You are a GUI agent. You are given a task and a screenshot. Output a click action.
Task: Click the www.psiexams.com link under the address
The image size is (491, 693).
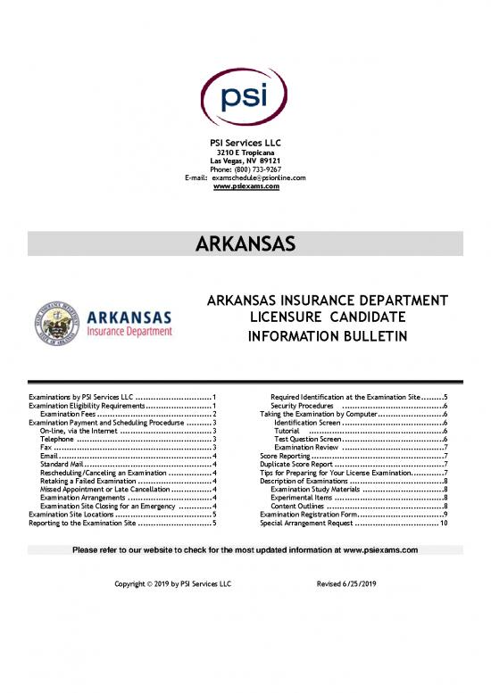[x=245, y=187]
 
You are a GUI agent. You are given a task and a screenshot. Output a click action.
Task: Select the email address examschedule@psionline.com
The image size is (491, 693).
[x=259, y=178]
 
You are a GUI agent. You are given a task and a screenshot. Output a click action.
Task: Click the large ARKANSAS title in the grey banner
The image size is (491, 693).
[x=245, y=243]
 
